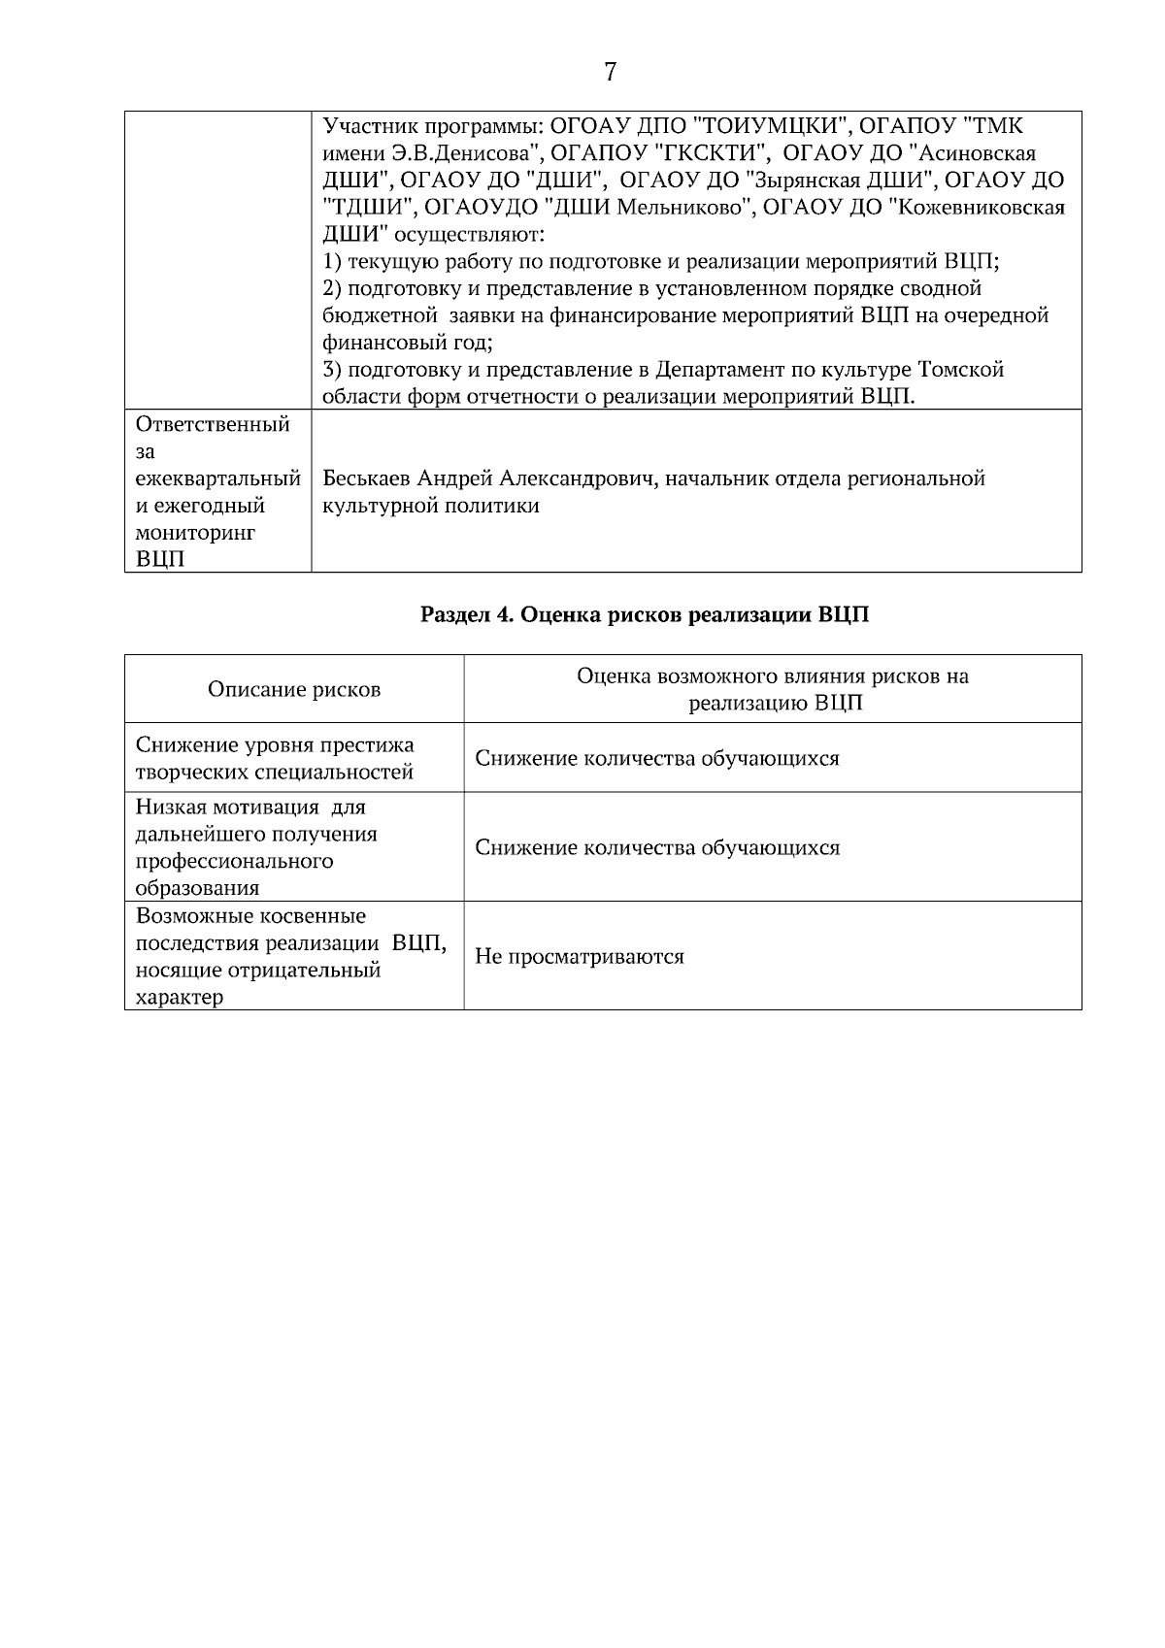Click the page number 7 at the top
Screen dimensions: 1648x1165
point(610,73)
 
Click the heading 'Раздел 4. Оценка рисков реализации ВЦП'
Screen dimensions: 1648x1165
point(645,615)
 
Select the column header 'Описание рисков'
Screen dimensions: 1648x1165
point(294,690)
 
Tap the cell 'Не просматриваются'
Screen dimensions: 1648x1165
point(580,957)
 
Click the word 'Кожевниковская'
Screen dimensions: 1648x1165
point(983,208)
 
